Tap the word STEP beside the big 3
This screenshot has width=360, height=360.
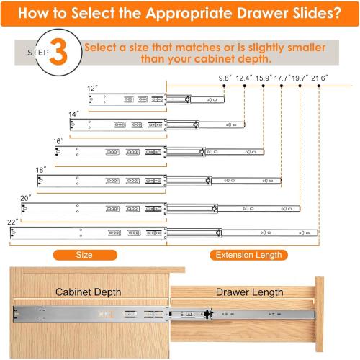38,53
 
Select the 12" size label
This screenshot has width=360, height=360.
92,89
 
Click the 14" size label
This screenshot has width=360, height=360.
73,114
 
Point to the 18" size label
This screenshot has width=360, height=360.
40,170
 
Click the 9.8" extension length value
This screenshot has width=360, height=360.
226,77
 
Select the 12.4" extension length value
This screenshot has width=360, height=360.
245,77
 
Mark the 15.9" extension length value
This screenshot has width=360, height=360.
264,77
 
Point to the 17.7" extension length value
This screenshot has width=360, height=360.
282,77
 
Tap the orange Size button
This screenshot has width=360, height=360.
84,254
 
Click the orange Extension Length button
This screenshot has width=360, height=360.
248,254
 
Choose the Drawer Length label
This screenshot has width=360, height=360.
243,291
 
